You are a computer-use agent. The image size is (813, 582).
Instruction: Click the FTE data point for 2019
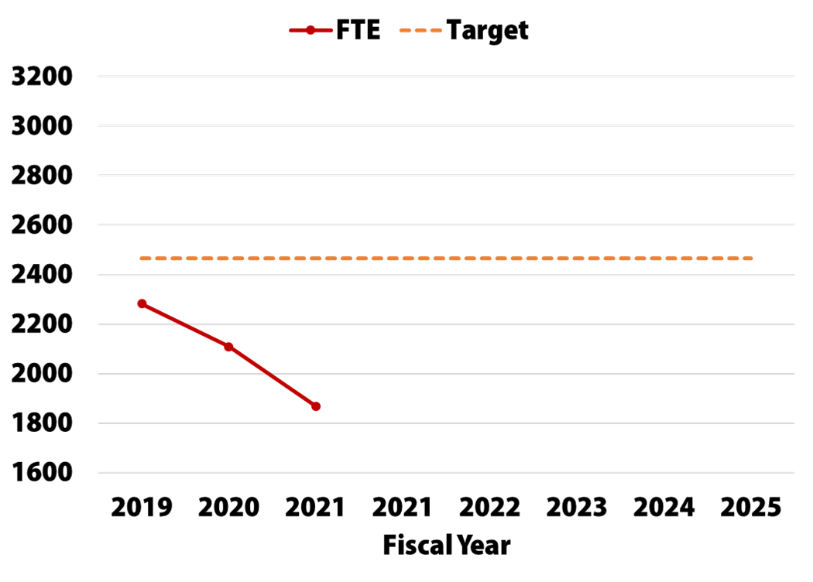point(142,303)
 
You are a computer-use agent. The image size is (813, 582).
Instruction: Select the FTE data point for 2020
point(228,347)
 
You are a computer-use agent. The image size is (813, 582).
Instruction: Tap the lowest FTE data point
point(316,406)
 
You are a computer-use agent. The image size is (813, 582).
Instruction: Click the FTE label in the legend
point(358,30)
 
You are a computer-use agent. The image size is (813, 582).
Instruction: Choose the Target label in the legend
point(487,31)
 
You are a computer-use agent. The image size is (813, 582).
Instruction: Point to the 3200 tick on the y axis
point(42,77)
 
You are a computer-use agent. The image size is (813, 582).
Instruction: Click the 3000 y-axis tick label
point(42,126)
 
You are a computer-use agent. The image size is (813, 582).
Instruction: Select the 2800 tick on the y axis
point(42,176)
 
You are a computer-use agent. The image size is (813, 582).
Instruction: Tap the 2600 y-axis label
point(42,225)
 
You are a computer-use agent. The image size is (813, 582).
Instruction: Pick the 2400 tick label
point(42,275)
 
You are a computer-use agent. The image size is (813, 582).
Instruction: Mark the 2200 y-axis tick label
point(42,324)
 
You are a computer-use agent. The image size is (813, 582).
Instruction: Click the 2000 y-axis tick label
point(42,374)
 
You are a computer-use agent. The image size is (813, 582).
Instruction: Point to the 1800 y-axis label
point(42,423)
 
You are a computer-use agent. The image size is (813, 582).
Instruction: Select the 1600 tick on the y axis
point(42,473)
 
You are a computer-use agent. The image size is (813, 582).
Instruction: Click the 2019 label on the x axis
point(142,508)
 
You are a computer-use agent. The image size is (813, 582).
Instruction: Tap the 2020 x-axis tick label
point(228,508)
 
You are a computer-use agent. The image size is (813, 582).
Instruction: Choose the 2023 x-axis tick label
point(577,508)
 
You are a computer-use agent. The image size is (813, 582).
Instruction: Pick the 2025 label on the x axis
point(751,508)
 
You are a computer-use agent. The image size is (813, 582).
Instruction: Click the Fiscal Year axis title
point(447,545)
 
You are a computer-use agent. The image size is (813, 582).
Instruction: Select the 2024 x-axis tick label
point(664,508)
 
